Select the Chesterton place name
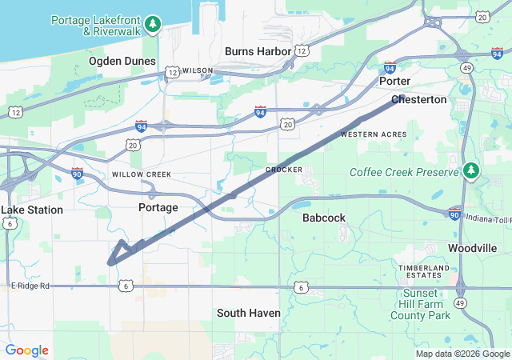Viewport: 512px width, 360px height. click(x=419, y=100)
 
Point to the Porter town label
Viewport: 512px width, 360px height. click(x=394, y=82)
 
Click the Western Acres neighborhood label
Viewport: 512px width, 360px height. click(x=374, y=134)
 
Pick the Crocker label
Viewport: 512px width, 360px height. click(x=284, y=170)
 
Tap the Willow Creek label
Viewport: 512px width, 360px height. click(x=142, y=174)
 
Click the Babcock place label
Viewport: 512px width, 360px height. click(x=323, y=218)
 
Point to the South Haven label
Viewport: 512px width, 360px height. click(x=249, y=313)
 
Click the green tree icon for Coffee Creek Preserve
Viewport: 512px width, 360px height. click(x=471, y=171)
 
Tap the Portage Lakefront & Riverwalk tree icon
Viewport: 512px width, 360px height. click(x=153, y=25)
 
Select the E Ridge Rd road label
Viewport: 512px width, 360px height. click(x=30, y=286)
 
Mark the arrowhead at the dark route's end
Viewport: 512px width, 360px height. click(x=111, y=260)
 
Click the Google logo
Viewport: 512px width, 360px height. click(x=27, y=350)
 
